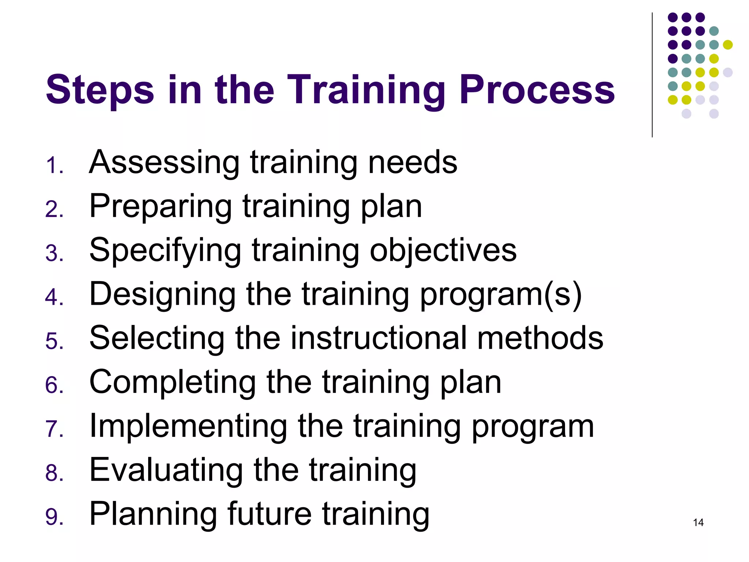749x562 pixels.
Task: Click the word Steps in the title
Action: [100, 90]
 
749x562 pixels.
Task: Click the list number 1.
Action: [54, 165]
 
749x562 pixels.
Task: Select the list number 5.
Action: [54, 341]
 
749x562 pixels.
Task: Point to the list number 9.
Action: [54, 517]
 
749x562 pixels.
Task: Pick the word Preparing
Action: [161, 207]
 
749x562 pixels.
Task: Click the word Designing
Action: [163, 295]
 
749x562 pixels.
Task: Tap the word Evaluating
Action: [166, 471]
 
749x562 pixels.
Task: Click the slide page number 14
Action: [698, 522]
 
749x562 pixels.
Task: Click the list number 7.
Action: [54, 429]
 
